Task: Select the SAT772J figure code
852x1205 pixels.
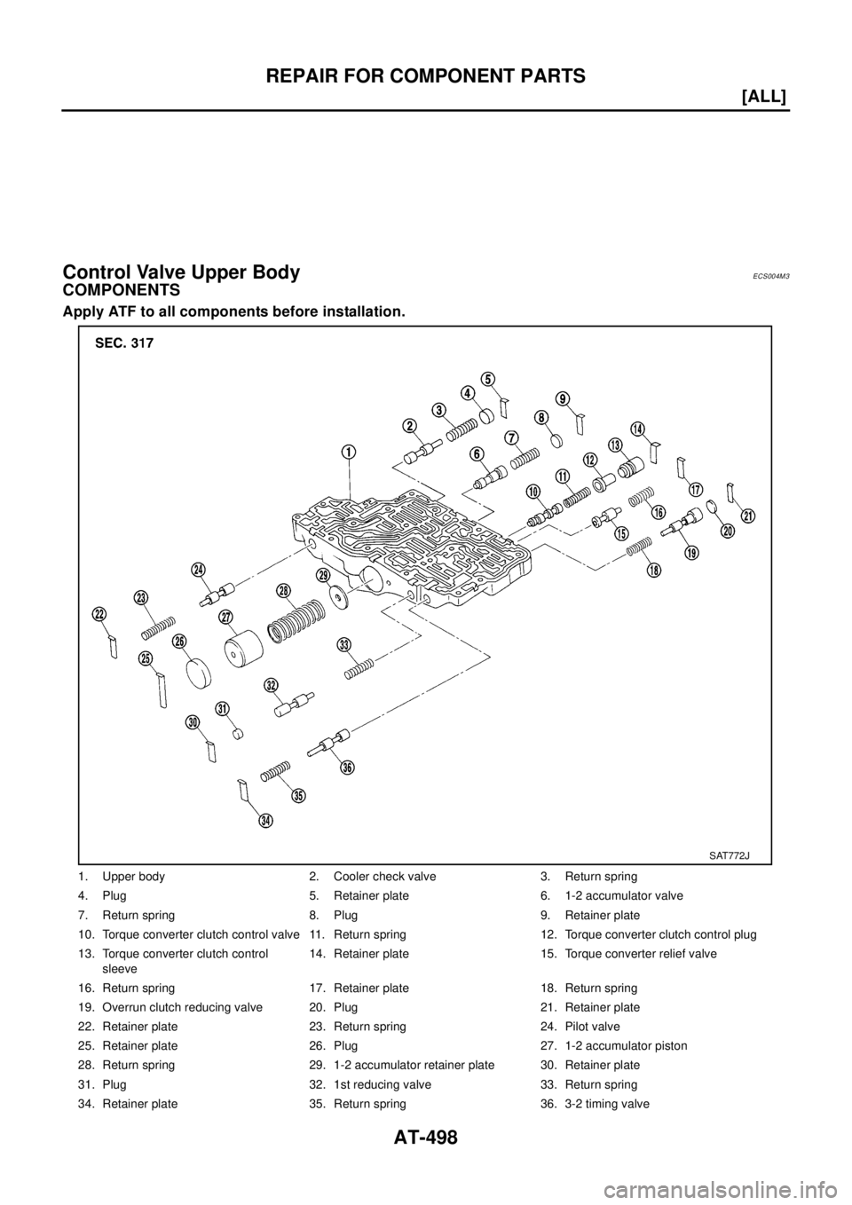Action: [x=729, y=855]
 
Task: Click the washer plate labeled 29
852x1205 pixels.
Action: [x=337, y=597]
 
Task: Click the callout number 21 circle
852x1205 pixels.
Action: [x=748, y=517]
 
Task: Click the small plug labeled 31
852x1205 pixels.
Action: [x=238, y=732]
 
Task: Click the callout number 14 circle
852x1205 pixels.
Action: [x=637, y=429]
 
